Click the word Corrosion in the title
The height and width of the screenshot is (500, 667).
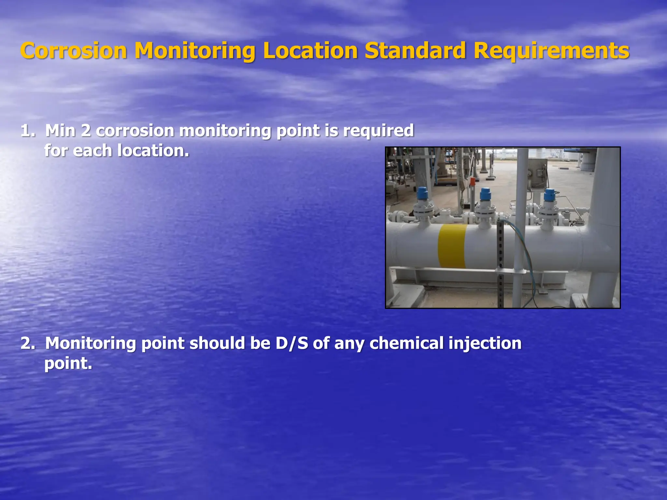(x=74, y=51)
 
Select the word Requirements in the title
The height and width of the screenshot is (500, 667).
(x=551, y=51)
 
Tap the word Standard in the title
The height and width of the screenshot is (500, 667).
(x=415, y=51)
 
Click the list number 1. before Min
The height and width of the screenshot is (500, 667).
(x=28, y=131)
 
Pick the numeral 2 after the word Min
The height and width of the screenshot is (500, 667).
(x=86, y=131)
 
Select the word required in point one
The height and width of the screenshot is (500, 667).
(x=378, y=131)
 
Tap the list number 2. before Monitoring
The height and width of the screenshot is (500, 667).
(x=28, y=343)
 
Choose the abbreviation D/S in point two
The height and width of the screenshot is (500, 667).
(x=292, y=343)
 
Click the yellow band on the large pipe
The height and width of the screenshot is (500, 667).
(x=452, y=246)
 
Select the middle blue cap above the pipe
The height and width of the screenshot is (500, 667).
(x=485, y=194)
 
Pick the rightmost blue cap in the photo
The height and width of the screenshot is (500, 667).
(x=549, y=195)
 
